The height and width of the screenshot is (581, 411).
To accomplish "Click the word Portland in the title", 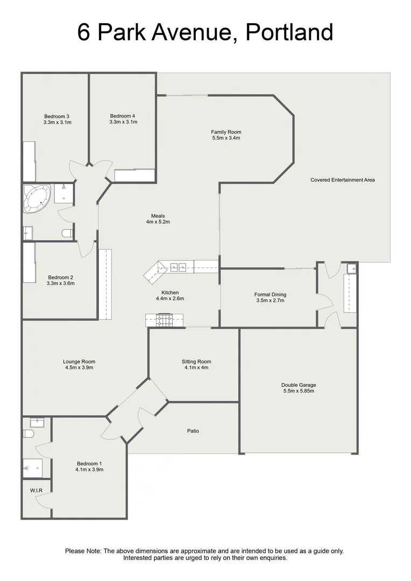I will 289,33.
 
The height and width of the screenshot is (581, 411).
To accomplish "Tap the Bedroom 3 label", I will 56,116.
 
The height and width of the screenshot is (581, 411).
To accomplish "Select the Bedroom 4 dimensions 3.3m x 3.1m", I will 123,122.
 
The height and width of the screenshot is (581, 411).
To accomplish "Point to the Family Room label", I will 226,132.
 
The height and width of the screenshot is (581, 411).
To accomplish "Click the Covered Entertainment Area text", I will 342,180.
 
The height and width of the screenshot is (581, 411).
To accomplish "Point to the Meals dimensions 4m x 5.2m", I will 158,222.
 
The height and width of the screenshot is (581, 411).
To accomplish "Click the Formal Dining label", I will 270,294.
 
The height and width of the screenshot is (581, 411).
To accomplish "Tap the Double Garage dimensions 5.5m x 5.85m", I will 298,391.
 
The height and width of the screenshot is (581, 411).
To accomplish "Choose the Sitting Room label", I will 196,362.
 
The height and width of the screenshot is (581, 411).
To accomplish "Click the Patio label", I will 193,431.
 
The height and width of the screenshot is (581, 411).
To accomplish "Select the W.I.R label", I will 37,490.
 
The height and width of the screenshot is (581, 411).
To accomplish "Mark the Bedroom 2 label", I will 60,278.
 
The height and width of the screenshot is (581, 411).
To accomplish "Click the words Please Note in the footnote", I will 83,551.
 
